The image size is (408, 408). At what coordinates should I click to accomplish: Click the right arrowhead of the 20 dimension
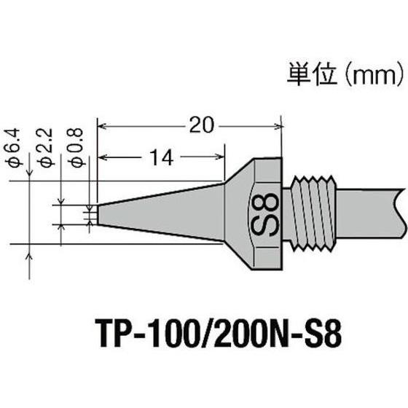click(278, 125)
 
